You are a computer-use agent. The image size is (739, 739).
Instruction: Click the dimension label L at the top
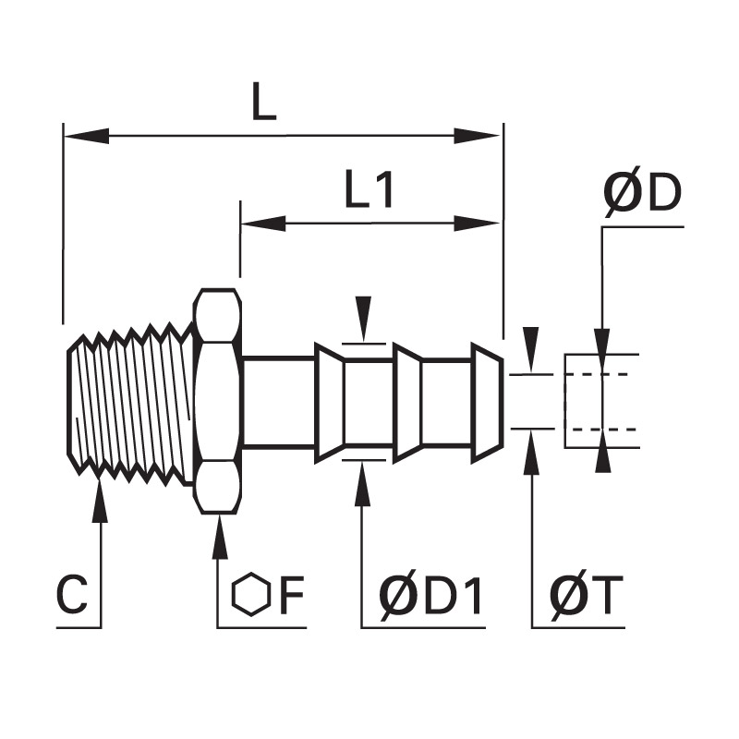coord(263,102)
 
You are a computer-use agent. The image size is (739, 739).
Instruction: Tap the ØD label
coord(643,192)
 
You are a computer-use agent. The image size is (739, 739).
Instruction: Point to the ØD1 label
coord(430,595)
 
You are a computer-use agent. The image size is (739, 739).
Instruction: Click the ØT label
coord(587,595)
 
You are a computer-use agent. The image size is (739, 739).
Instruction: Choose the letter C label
coord(72,595)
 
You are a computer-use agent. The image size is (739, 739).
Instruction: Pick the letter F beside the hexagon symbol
coord(292,595)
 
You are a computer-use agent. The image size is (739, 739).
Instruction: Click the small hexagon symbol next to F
coord(251,595)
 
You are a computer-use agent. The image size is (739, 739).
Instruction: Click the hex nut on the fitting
coord(217,401)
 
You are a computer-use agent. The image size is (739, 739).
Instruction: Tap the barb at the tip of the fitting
coord(488,401)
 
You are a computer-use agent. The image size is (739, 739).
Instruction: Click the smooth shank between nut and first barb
coord(279,401)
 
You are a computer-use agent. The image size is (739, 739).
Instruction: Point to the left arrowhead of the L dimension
coord(87,136)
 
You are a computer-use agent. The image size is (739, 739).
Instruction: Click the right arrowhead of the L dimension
coord(477,136)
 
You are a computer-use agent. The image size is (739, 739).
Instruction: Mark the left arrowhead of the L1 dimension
coord(263,224)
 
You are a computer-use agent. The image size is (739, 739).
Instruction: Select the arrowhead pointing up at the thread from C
coord(100,500)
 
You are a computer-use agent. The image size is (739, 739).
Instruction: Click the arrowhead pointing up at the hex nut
coord(219,537)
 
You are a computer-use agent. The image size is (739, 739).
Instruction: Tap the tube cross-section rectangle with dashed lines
coord(602,401)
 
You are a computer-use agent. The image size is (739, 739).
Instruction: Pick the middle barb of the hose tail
coord(407,401)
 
